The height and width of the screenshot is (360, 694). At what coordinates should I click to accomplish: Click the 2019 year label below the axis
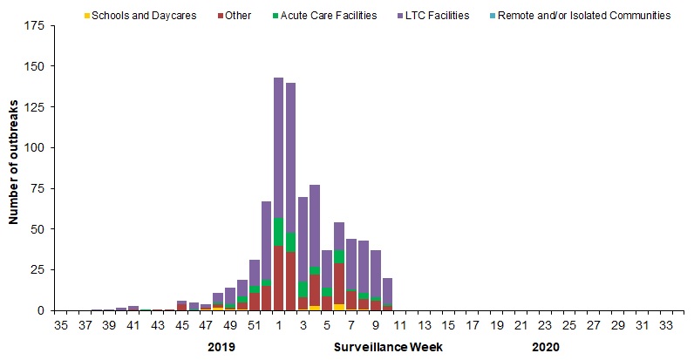(x=222, y=346)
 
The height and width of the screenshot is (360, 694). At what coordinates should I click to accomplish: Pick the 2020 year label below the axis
(x=544, y=346)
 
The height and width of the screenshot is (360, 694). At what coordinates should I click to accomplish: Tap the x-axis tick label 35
(x=61, y=326)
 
